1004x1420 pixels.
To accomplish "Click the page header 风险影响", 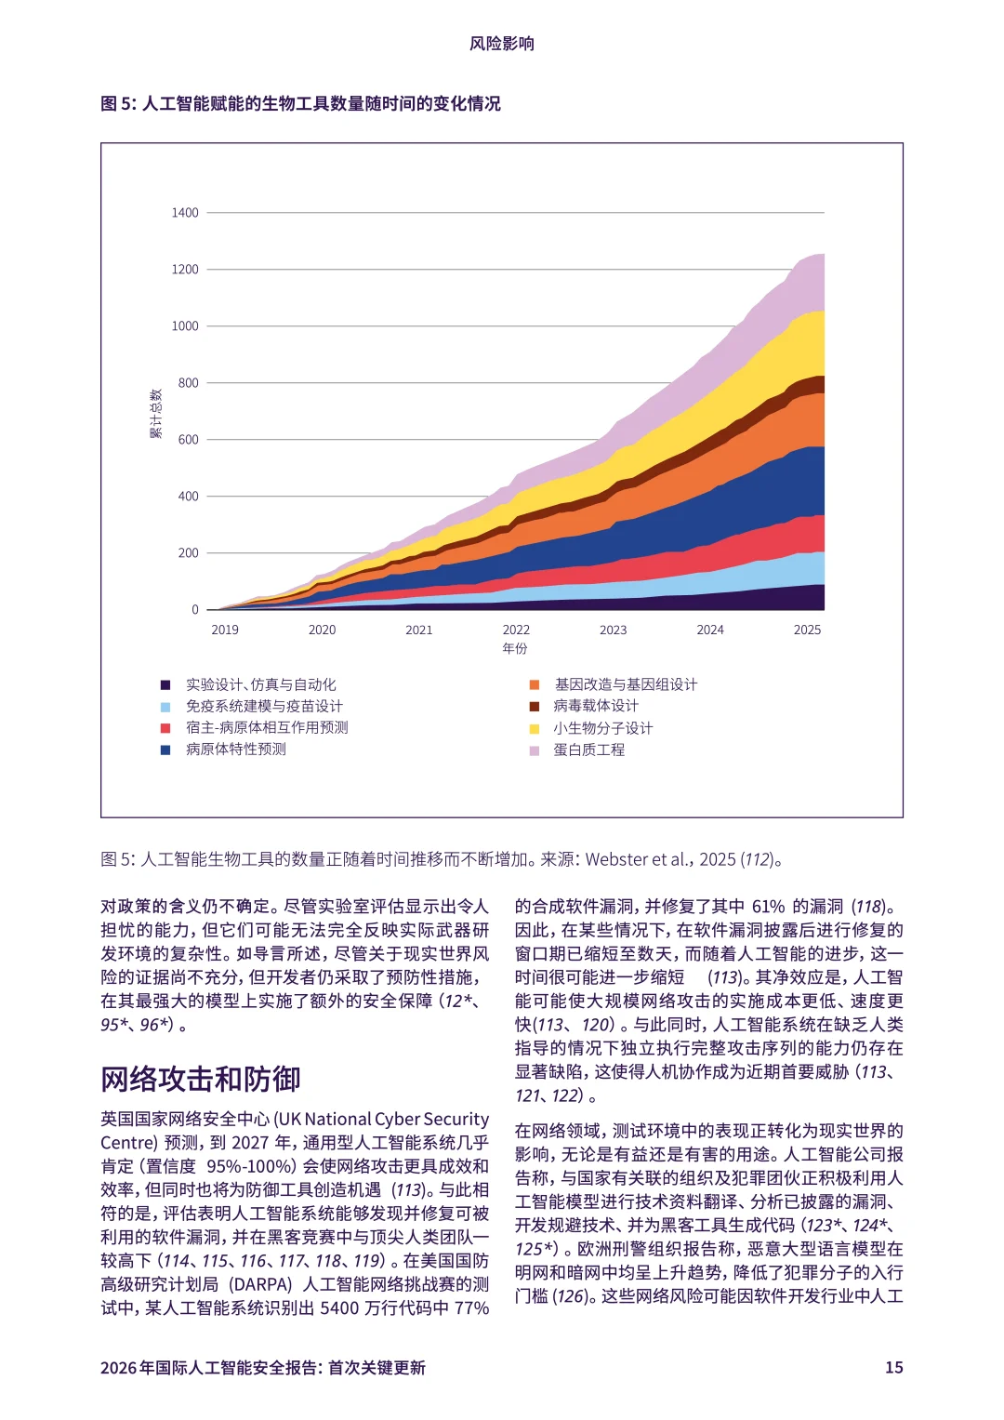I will pyautogui.click(x=501, y=44).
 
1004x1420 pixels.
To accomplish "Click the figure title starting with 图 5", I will pyautogui.click(x=300, y=103).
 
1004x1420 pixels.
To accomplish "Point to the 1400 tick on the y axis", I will pyautogui.click(x=185, y=213).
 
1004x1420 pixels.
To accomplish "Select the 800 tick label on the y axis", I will pyautogui.click(x=188, y=383).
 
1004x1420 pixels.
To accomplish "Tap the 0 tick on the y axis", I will pyautogui.click(x=195, y=610).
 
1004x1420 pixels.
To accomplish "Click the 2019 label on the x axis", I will pyautogui.click(x=225, y=630).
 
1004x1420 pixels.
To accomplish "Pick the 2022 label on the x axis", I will pyautogui.click(x=516, y=630).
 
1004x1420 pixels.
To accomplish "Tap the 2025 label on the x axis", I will pyautogui.click(x=807, y=630).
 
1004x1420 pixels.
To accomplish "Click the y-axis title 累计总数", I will pyautogui.click(x=156, y=414).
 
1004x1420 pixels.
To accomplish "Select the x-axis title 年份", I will pyautogui.click(x=515, y=648).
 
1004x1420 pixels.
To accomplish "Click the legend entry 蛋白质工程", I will pyautogui.click(x=589, y=750).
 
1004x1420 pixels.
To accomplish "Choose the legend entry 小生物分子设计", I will pyautogui.click(x=603, y=728).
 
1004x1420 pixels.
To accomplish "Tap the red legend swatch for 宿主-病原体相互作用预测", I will pyautogui.click(x=165, y=728).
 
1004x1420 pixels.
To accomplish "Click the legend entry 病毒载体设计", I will pyautogui.click(x=596, y=706).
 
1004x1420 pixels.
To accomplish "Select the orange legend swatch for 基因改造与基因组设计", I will pyautogui.click(x=535, y=684).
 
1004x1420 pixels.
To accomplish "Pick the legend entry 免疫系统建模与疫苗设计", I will pyautogui.click(x=264, y=706).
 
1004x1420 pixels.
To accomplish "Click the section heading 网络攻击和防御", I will pyautogui.click(x=201, y=1079).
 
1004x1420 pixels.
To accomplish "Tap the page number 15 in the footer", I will pyautogui.click(x=893, y=1367).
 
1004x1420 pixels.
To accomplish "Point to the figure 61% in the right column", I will pyautogui.click(x=769, y=907).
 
